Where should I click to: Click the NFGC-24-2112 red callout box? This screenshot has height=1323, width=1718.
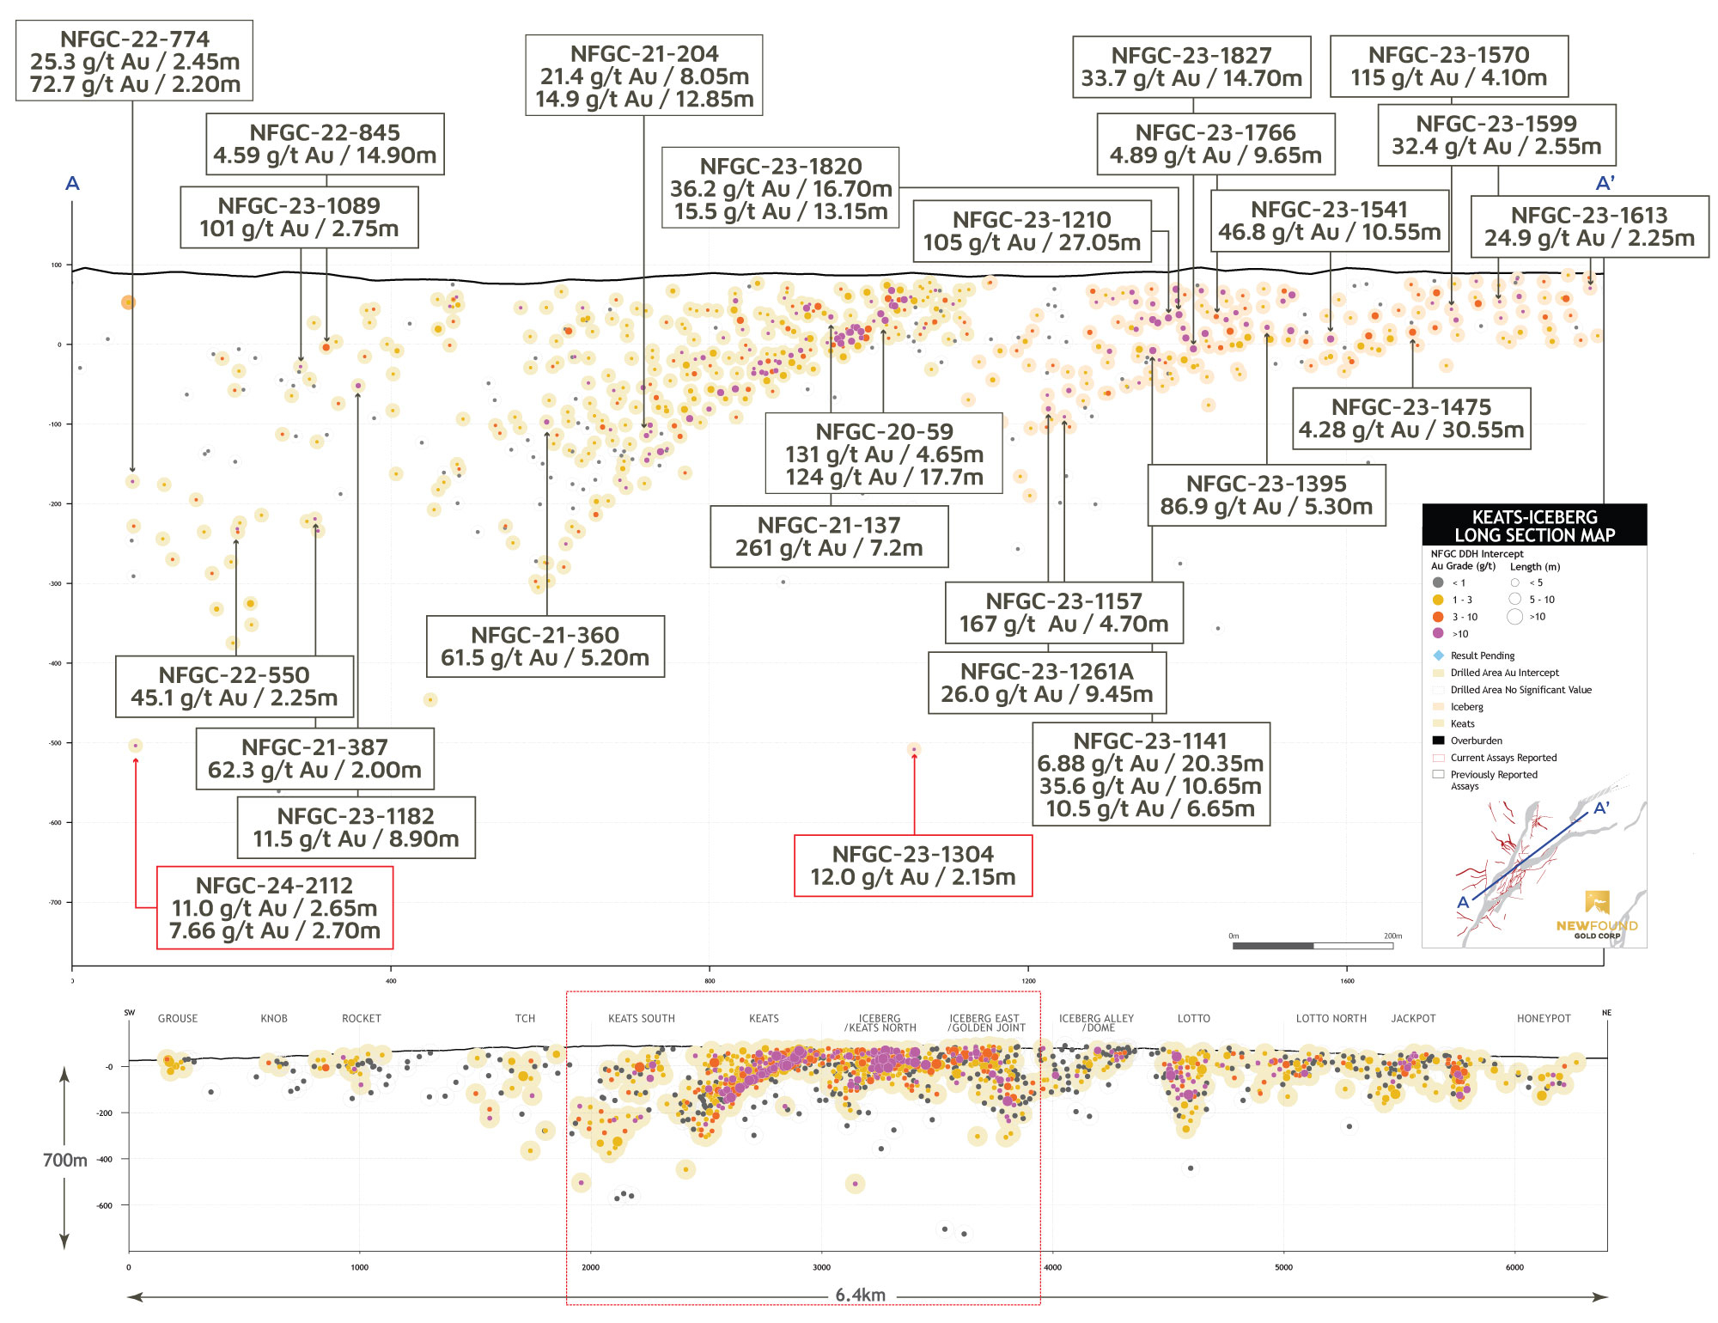275,907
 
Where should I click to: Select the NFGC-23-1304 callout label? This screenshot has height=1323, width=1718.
913,866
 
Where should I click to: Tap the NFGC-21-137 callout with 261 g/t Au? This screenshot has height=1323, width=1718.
829,537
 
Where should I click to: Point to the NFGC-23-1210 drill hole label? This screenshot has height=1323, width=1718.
1032,231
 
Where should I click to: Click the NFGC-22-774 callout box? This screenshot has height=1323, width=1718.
135,61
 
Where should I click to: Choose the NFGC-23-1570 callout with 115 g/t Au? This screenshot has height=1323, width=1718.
1449,66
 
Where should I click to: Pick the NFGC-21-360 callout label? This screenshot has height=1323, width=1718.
545,646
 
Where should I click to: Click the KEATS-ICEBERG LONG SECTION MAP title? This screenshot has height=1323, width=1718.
1534,526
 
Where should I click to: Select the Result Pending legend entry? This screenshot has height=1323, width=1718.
1483,655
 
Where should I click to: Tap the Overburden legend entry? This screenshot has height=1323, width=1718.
1476,741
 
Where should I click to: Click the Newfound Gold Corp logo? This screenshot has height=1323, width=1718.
1597,916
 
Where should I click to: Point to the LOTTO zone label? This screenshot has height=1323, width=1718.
1193,1019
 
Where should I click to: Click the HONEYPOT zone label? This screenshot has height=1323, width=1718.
1543,1019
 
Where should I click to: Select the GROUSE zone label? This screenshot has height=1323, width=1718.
178,1019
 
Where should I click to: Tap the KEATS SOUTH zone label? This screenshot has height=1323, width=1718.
642,1019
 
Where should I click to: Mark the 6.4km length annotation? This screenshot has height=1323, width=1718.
860,1296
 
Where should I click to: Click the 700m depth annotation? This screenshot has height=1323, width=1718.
65,1161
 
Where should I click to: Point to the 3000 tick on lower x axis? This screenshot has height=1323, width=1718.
821,1267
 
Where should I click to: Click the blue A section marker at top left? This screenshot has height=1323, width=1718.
73,184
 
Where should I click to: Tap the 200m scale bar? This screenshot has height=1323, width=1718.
1312,946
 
